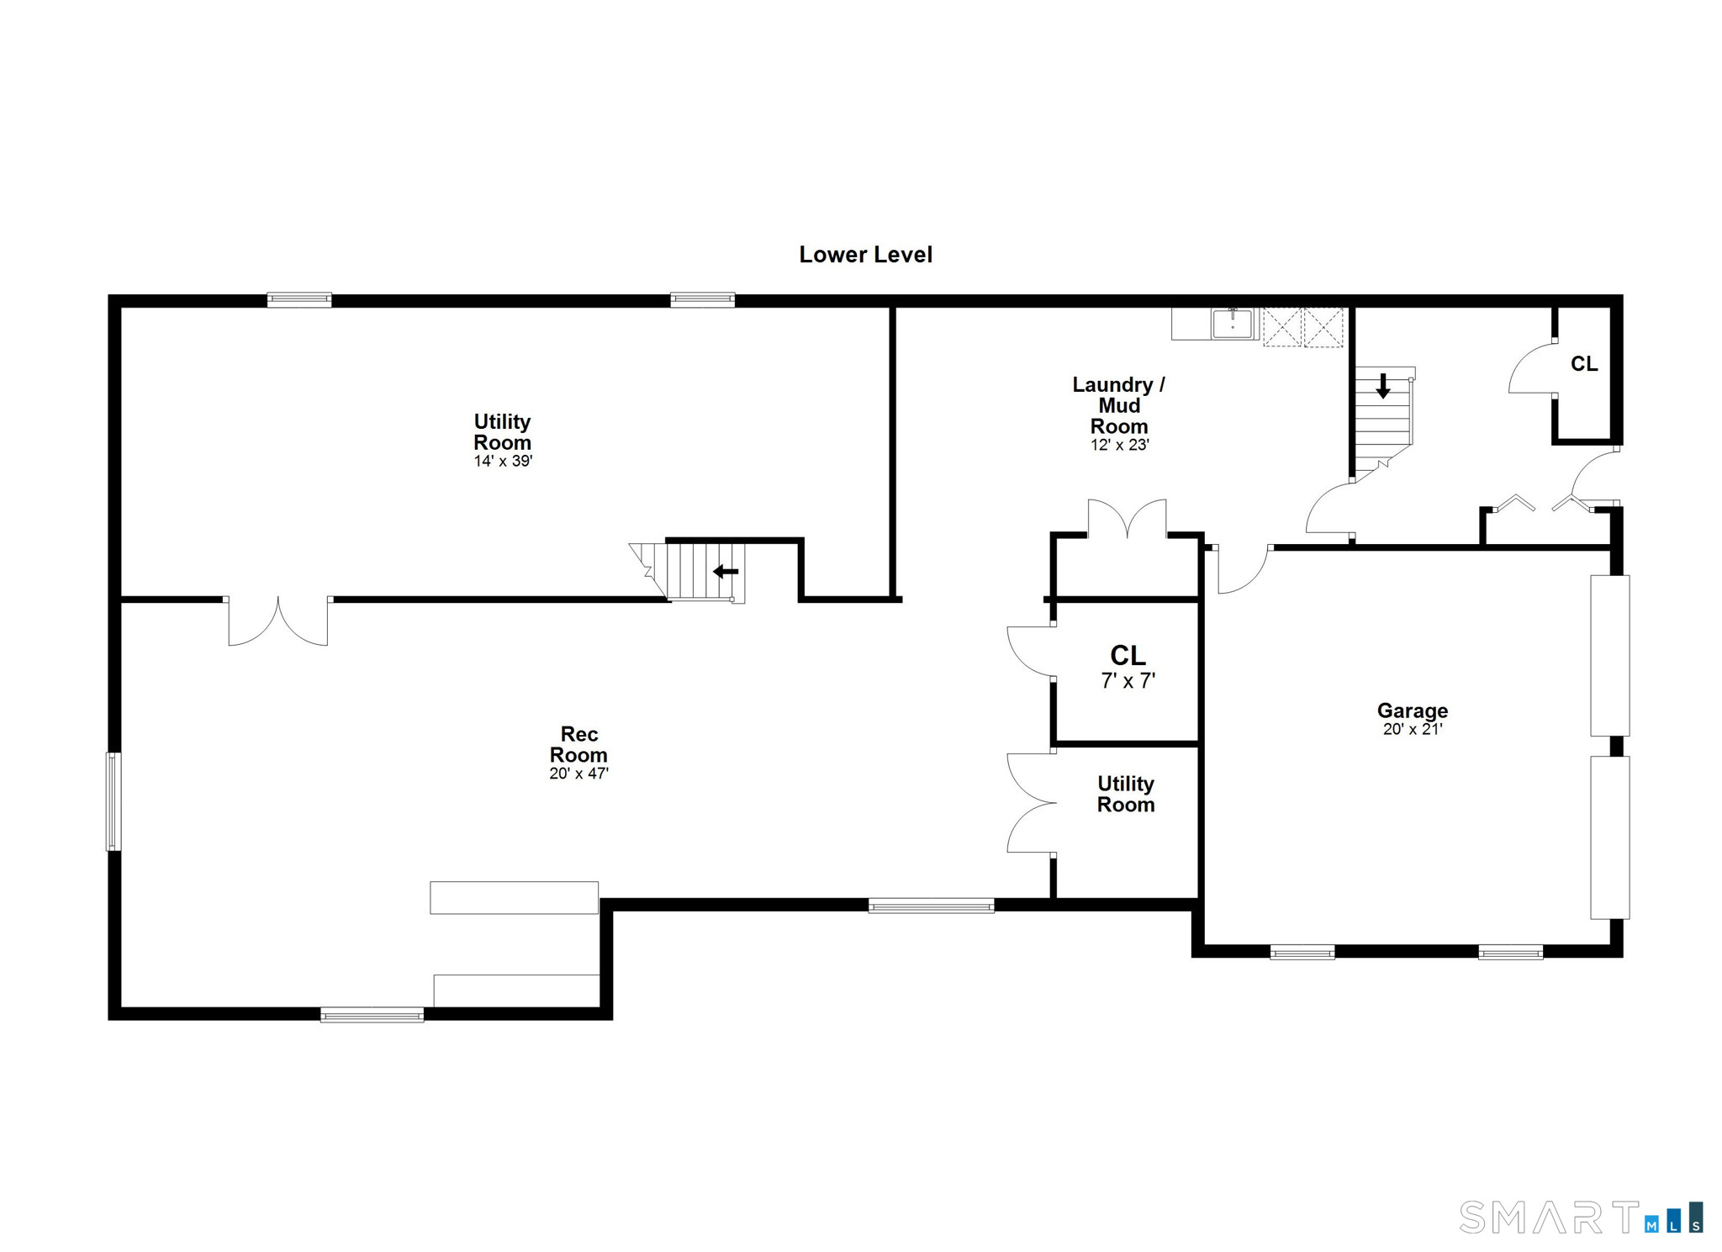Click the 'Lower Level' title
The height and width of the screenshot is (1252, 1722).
coord(865,254)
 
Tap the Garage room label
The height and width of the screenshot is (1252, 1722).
coord(1413,711)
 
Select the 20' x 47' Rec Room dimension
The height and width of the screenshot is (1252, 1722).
coord(578,773)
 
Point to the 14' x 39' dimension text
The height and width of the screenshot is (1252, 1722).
coord(503,461)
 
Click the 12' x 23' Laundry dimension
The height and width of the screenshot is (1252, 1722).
coord(1119,445)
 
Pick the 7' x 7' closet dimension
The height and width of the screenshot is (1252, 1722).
coord(1128,680)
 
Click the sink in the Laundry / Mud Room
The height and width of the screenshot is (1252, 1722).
coord(1233,324)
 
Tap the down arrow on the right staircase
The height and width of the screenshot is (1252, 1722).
coord(1383,386)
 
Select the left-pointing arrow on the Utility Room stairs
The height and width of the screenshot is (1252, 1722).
coord(726,572)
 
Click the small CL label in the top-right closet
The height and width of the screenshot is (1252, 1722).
coord(1584,363)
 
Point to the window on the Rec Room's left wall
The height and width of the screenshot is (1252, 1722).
coord(114,801)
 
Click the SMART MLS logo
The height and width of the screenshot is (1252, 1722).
coord(1581,1217)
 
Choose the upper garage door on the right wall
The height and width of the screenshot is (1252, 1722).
coord(1609,656)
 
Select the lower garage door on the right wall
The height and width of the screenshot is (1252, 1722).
coord(1609,837)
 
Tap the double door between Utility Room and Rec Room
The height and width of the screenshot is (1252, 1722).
coord(278,621)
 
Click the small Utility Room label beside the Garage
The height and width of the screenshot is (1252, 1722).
coord(1126,794)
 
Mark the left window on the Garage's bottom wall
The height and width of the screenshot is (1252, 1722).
coord(1302,953)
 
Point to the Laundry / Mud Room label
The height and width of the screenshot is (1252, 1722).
coord(1119,405)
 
